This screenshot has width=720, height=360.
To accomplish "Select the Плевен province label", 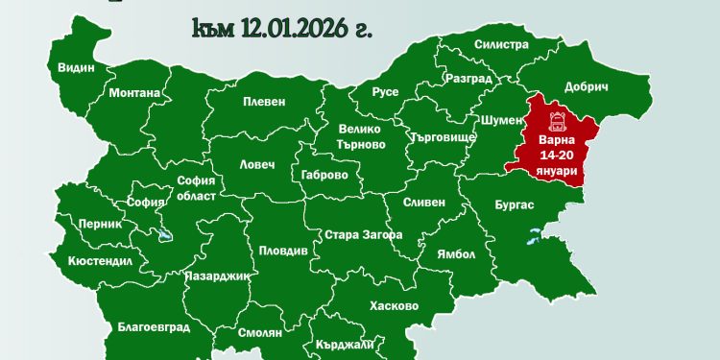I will tap(264, 102).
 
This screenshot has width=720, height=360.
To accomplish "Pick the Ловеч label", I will tap(256, 165).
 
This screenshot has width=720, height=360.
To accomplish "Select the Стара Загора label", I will tap(363, 235).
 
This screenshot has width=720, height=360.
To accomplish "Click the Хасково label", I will tap(394, 306).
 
